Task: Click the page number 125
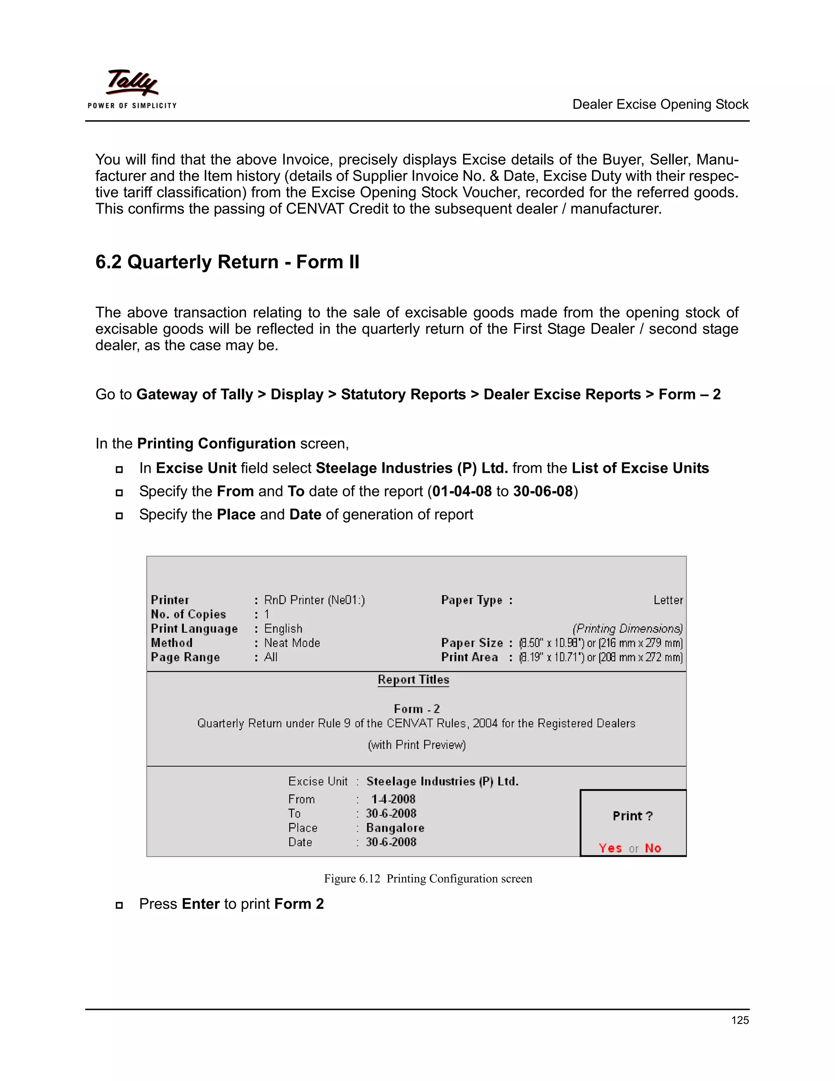[x=740, y=1020]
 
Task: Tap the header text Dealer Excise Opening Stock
[x=660, y=104]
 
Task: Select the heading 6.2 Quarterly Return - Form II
[x=227, y=262]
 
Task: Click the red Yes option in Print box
[x=610, y=848]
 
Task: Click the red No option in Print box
[x=653, y=848]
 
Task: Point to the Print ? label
[x=633, y=816]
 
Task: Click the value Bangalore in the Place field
[x=395, y=828]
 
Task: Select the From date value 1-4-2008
[x=393, y=800]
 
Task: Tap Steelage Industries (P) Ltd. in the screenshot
[x=442, y=782]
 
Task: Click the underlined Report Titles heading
[x=413, y=680]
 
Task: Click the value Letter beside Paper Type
[x=668, y=600]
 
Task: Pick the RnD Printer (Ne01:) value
[x=314, y=600]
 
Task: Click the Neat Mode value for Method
[x=292, y=643]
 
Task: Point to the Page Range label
[x=186, y=657]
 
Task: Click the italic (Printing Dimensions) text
[x=627, y=629]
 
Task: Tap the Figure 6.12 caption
[x=428, y=879]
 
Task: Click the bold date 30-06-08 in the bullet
[x=543, y=491]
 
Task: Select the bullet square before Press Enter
[x=119, y=905]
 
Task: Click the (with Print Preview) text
[x=417, y=745]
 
